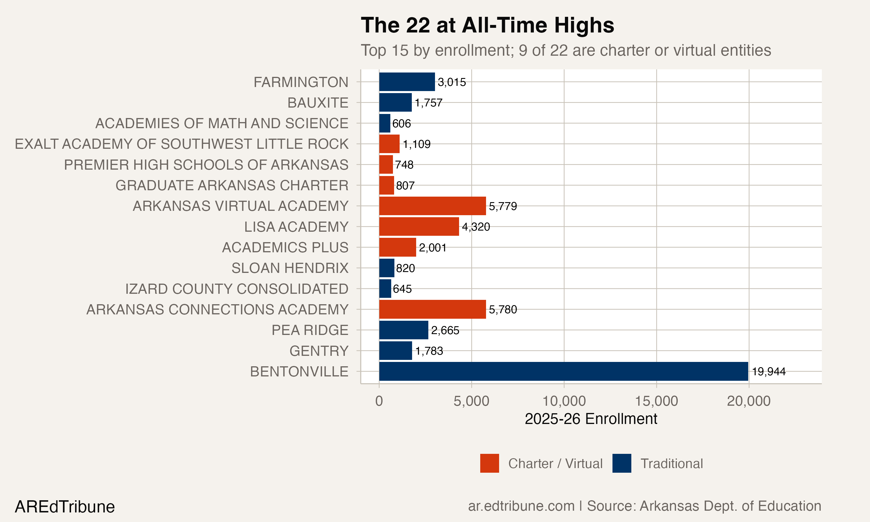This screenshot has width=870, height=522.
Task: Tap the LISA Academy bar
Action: (x=419, y=226)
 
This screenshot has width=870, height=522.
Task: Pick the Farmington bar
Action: (x=407, y=82)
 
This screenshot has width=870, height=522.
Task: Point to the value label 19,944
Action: (x=769, y=372)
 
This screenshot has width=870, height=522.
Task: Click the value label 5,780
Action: (x=503, y=309)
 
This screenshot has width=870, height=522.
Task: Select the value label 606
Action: (x=402, y=124)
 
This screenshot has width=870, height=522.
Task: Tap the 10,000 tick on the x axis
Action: (x=564, y=401)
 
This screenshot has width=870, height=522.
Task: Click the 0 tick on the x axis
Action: (x=379, y=401)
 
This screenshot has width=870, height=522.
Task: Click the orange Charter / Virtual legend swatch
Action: (x=490, y=463)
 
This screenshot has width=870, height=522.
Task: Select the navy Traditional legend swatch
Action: (x=622, y=463)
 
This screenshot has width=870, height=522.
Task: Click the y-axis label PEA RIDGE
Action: (x=310, y=330)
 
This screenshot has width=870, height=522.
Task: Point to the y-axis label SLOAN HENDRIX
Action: (x=290, y=268)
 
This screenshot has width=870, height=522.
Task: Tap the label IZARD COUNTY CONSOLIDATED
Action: (x=237, y=289)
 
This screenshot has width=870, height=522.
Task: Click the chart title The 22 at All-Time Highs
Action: (x=487, y=25)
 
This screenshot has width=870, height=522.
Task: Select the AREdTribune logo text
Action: (x=65, y=507)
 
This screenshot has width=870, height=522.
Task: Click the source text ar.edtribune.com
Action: (x=521, y=506)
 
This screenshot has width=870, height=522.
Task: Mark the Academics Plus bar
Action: (x=397, y=247)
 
